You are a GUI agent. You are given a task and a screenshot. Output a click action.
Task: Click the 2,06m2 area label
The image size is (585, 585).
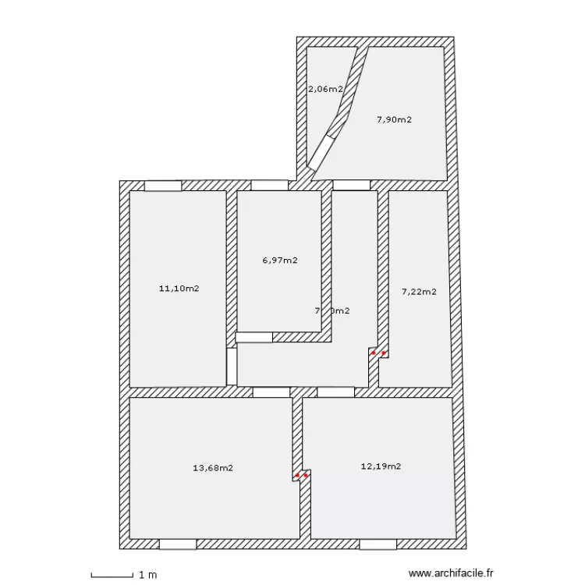coord(325,89)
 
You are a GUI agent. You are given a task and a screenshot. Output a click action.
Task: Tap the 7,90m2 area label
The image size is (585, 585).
coord(394,119)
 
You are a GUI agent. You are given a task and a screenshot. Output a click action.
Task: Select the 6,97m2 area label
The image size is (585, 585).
coord(279,261)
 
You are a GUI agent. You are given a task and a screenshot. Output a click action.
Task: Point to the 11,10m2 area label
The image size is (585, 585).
coord(179,289)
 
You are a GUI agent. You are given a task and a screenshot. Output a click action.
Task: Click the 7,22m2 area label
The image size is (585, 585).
coord(419,292)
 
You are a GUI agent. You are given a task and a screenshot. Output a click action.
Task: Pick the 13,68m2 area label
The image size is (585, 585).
coord(212,468)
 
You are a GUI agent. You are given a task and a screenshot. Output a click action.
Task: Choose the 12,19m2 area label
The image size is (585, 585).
coord(381,466)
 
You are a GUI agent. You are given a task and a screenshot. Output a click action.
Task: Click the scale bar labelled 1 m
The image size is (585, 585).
coord(112,576)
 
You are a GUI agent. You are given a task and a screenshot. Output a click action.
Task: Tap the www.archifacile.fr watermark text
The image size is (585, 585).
coord(452,574)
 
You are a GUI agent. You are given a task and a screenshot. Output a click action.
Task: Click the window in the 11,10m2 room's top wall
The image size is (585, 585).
coord(163,186)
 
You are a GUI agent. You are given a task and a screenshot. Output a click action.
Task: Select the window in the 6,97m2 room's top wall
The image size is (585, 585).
coord(269,186)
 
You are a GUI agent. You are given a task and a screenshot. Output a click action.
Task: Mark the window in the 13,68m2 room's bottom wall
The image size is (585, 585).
coord(177,544)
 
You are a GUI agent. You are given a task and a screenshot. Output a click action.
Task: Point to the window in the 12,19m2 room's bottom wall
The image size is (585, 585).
coord(379,544)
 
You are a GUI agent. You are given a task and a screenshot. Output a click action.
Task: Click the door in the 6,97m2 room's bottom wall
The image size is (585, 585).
coord(254,337)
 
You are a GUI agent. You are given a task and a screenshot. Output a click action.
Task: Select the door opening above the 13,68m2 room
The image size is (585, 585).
coord(271,392)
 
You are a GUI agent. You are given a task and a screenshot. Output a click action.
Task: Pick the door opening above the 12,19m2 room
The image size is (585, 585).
coord(336,392)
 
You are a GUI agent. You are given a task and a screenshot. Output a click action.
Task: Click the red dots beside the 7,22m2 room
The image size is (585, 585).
coord(378,353)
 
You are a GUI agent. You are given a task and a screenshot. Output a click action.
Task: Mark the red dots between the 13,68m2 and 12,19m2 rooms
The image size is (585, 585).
coord(302,475)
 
